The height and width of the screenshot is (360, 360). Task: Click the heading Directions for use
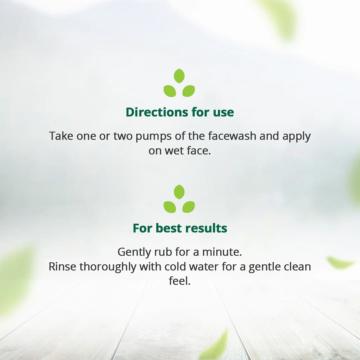coord(180,112)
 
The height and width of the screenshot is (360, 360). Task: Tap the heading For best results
coord(180,228)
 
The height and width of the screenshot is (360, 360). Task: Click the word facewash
coord(232,136)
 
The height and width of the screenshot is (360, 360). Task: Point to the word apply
coord(296,137)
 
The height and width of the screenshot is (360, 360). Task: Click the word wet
coord(172,151)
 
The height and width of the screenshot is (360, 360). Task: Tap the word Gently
coord(134,252)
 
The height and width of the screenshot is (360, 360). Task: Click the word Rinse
coord(62,267)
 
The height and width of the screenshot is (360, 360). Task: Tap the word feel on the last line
coord(180,281)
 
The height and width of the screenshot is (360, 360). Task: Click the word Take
coord(61,136)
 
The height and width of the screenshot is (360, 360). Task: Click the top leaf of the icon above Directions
coord(179,76)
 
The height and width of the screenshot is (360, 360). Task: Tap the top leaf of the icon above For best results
coord(179,192)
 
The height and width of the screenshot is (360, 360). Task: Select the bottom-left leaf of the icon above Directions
coord(170,91)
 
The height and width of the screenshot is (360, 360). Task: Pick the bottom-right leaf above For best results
coord(189,207)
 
